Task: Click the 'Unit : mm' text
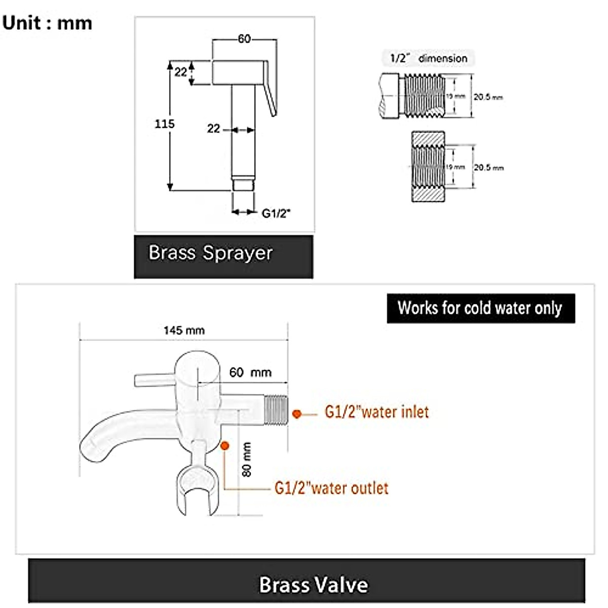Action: [47, 23]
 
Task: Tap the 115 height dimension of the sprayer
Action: [165, 124]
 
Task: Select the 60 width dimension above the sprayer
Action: [244, 39]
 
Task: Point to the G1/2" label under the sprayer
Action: [276, 213]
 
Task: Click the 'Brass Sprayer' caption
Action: [210, 252]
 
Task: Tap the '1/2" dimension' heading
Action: [429, 58]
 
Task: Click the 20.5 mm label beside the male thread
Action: [488, 97]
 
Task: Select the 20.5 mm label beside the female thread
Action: [488, 167]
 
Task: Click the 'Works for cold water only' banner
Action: [480, 308]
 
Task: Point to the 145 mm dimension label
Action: [184, 330]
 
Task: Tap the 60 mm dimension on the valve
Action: [250, 372]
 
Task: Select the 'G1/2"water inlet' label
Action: [376, 412]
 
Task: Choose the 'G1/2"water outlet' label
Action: [332, 488]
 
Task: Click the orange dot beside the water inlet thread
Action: [297, 414]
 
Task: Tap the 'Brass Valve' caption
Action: [314, 584]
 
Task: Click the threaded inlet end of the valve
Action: [276, 408]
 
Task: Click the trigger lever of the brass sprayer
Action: [271, 89]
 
